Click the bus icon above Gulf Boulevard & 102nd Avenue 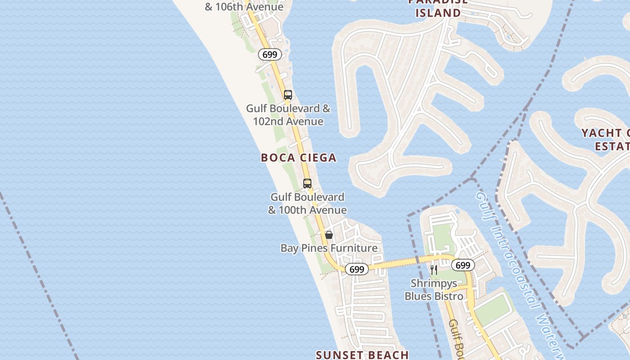288,95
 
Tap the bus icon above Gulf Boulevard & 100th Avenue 307,184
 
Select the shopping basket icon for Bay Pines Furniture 329,235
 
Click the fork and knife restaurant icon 434,270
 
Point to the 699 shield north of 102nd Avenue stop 270,55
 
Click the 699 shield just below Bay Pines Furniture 356,269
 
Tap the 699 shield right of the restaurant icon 463,265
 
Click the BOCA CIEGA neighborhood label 298,157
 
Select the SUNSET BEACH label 362,355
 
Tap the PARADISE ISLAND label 438,8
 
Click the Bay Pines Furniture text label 329,248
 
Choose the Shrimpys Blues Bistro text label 434,290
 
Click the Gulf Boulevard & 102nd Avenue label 288,115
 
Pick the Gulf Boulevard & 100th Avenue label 307,203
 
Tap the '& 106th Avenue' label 244,7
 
